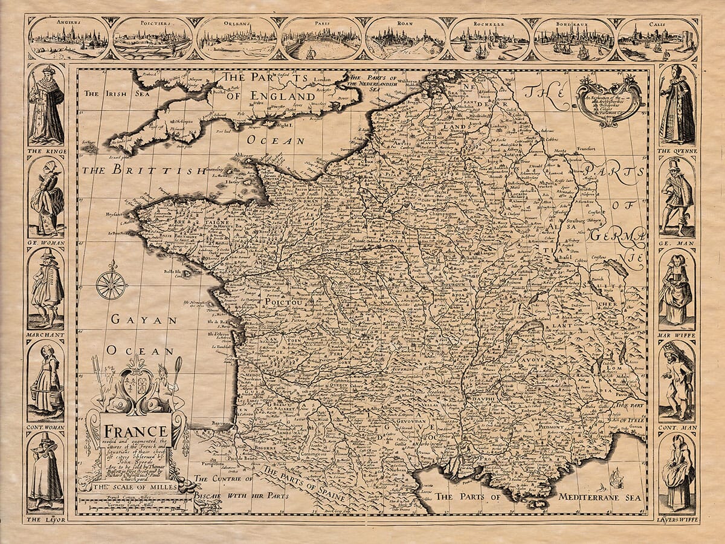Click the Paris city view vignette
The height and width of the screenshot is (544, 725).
(x=321, y=39)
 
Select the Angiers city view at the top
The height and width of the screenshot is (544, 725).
(x=68, y=39)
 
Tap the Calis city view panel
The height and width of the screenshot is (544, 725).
(x=657, y=39)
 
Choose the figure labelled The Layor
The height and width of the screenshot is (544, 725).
(x=46, y=471)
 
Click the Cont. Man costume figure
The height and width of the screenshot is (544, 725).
(x=677, y=381)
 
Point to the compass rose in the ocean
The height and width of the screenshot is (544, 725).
(x=111, y=283)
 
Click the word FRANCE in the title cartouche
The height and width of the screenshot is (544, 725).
(x=136, y=431)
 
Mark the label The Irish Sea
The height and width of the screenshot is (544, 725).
(x=108, y=94)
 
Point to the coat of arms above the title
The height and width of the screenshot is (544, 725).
(x=137, y=387)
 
